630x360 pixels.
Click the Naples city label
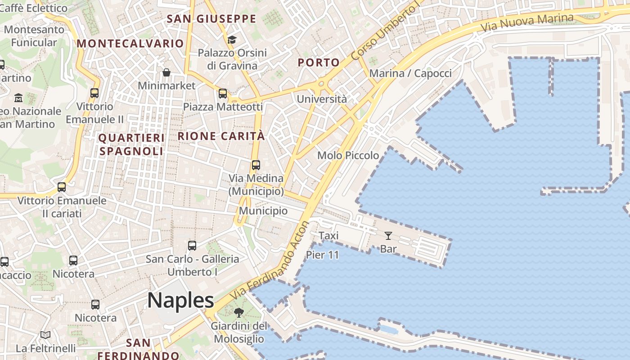click(x=180, y=300)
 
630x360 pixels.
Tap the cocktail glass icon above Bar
click(x=388, y=235)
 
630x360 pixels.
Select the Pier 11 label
click(x=322, y=255)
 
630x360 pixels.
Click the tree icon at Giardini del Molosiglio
click(x=239, y=313)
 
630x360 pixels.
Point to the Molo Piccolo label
click(x=348, y=155)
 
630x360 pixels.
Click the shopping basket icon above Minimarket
click(x=166, y=72)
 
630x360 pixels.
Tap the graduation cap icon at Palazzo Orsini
click(x=232, y=40)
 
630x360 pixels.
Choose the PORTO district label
click(x=319, y=63)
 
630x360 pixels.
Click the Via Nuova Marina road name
click(x=527, y=22)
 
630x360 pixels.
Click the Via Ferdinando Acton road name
click(x=270, y=261)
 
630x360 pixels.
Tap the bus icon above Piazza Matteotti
click(x=223, y=94)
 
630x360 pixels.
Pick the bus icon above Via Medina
click(x=256, y=165)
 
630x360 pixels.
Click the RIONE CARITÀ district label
click(x=221, y=136)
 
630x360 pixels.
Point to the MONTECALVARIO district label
click(x=130, y=44)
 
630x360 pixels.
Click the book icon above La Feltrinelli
click(x=45, y=335)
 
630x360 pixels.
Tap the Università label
click(x=322, y=99)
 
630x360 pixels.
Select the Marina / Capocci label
click(x=410, y=73)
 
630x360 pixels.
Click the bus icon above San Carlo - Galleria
click(x=192, y=246)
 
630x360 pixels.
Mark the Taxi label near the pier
click(x=328, y=235)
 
